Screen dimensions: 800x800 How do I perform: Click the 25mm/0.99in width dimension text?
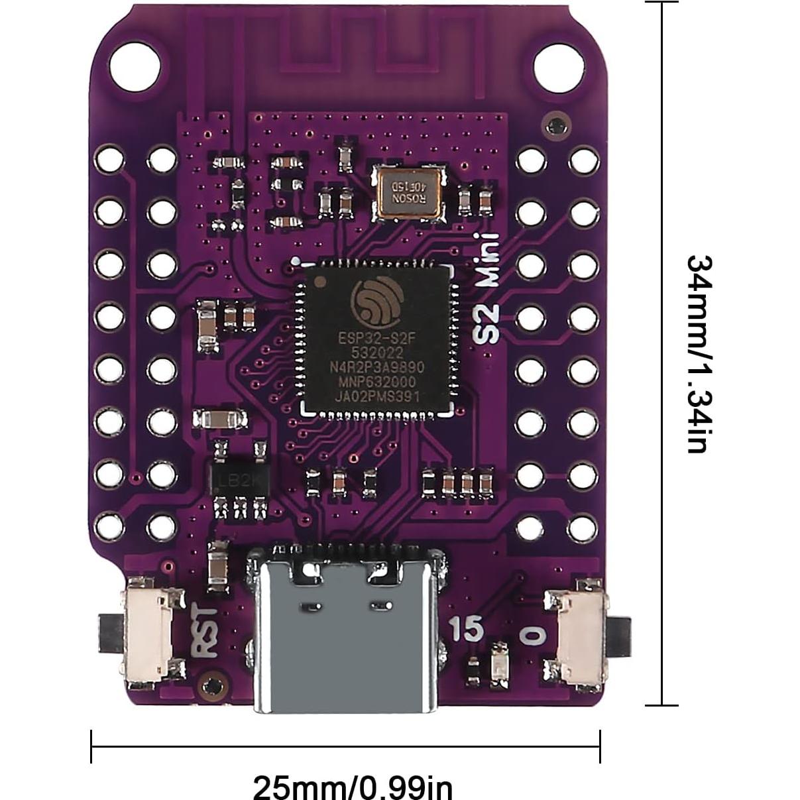click(x=353, y=787)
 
